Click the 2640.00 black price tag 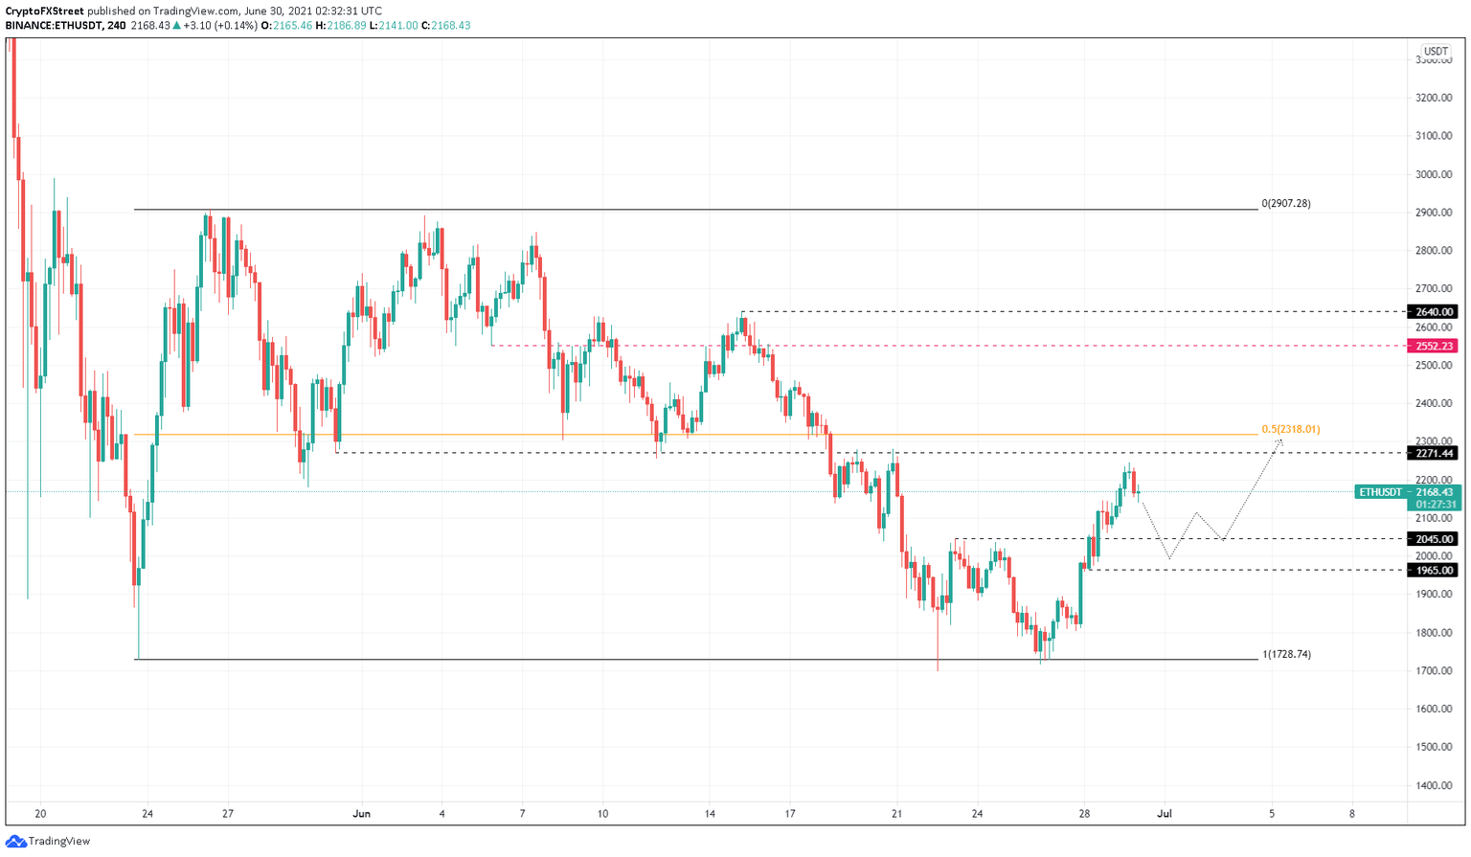coord(1433,311)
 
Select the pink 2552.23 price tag coord(1433,346)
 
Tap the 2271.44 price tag coord(1433,453)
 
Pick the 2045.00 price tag coord(1433,539)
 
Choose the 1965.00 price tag coord(1433,570)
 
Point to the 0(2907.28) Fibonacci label coord(1286,203)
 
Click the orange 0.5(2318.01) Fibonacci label coord(1291,429)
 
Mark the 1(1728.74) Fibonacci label coord(1287,654)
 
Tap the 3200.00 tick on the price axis coord(1434,98)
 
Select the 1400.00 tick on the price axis coord(1434,785)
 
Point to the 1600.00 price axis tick coord(1434,709)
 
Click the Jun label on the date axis coord(361,814)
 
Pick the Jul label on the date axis coord(1165,814)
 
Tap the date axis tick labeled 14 coord(710,814)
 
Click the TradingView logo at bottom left coord(48,841)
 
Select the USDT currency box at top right coord(1436,52)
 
